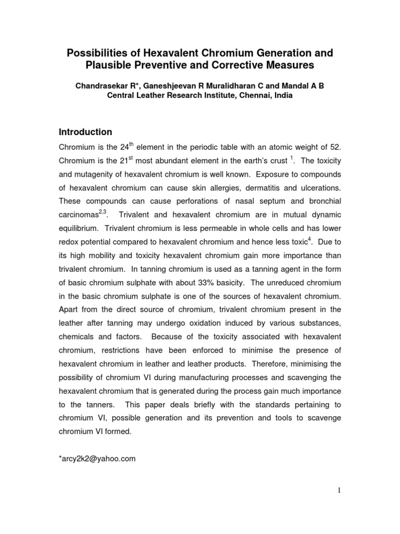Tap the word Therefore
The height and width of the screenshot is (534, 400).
tap(272, 363)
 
